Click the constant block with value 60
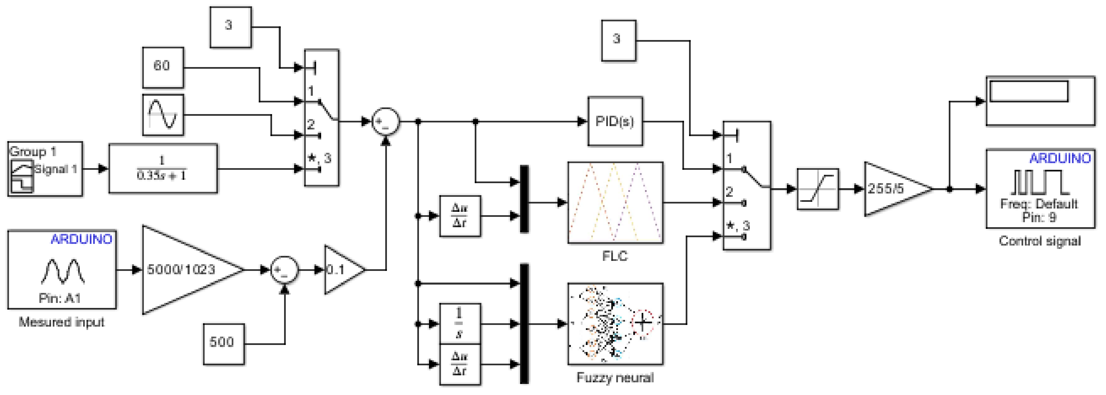point(163,67)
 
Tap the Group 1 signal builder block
point(45,169)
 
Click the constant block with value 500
point(223,344)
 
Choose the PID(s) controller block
point(615,121)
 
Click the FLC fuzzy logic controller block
point(615,203)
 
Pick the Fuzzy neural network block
point(615,324)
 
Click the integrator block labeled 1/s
point(460,323)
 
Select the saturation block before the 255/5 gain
point(818,189)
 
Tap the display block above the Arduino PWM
point(1040,101)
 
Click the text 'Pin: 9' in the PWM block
point(1039,218)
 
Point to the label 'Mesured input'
point(61,322)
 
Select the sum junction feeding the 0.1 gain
point(284,270)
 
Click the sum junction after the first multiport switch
point(385,121)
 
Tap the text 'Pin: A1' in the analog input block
point(60,298)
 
